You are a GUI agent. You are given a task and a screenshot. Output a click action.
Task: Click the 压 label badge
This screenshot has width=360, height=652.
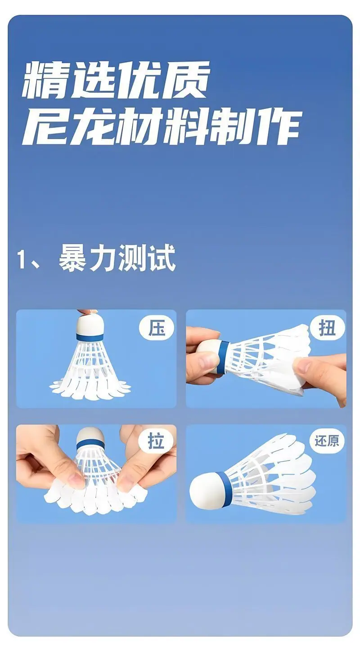pyautogui.click(x=157, y=328)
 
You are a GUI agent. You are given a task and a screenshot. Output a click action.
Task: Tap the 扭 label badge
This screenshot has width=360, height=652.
pyautogui.click(x=327, y=328)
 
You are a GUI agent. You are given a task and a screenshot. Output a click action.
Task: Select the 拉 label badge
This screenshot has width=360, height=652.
pyautogui.click(x=157, y=441)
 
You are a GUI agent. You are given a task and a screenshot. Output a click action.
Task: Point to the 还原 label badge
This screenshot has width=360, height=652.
pyautogui.click(x=327, y=441)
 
